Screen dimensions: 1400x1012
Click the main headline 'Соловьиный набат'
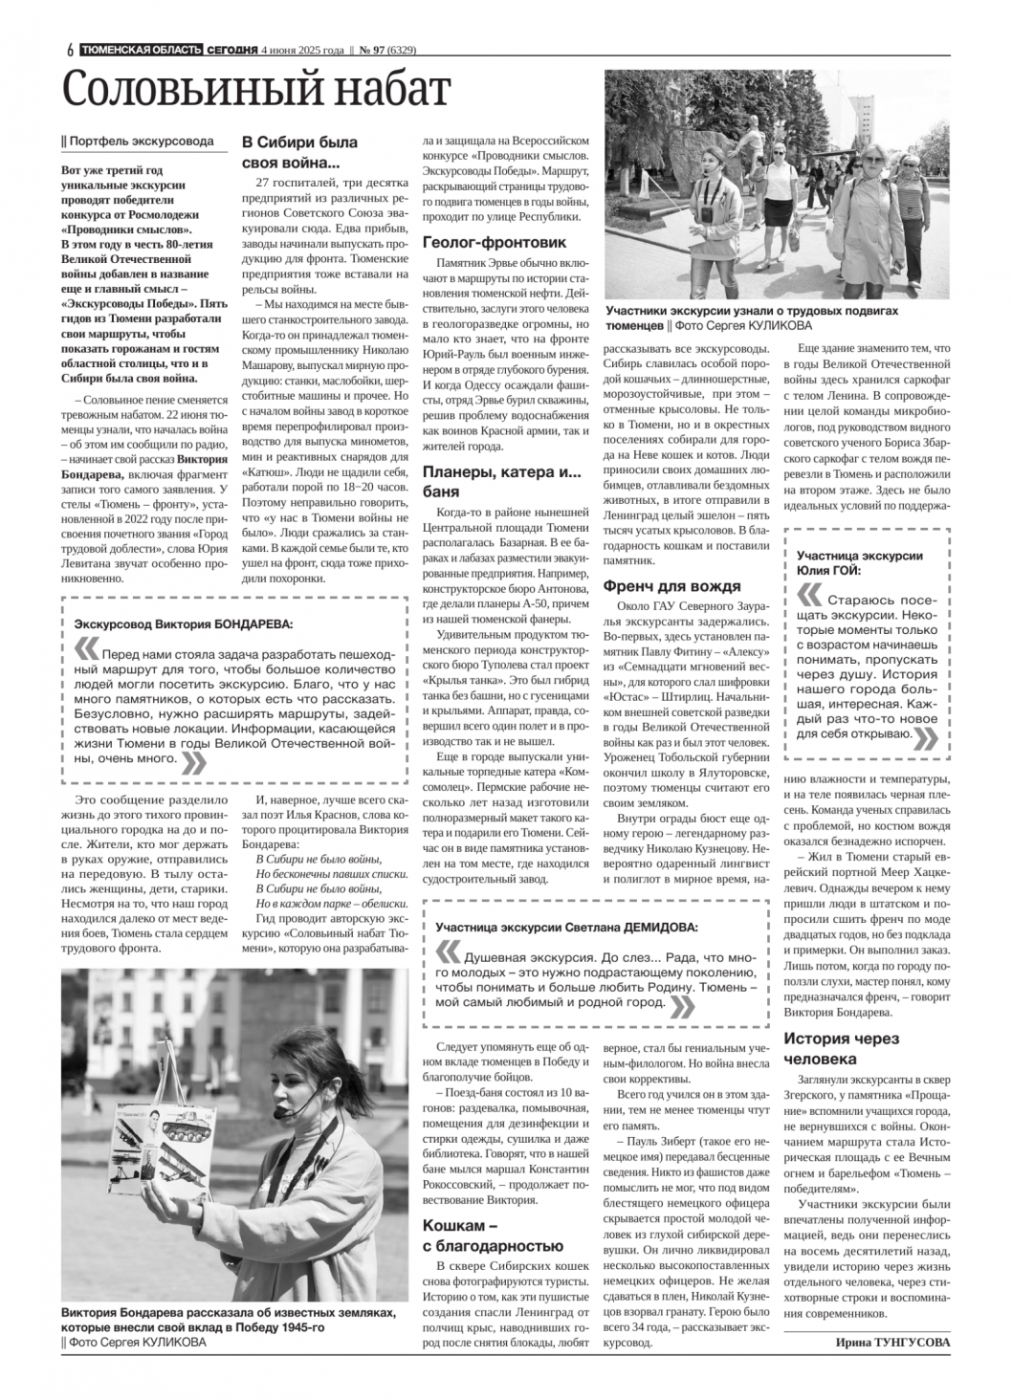click(255, 90)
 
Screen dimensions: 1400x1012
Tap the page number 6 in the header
click(71, 51)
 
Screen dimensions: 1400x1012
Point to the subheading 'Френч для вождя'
click(671, 586)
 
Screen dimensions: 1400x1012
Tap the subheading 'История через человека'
click(842, 1048)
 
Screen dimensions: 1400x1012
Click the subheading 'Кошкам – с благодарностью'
click(493, 1235)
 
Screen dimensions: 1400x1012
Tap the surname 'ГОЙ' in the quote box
click(847, 570)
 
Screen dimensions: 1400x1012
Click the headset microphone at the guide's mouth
click(279, 1113)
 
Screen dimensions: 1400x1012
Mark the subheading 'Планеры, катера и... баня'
click(502, 481)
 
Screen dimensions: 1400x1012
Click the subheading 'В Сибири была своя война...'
click(299, 151)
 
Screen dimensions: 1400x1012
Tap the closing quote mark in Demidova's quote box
click(682, 1005)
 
